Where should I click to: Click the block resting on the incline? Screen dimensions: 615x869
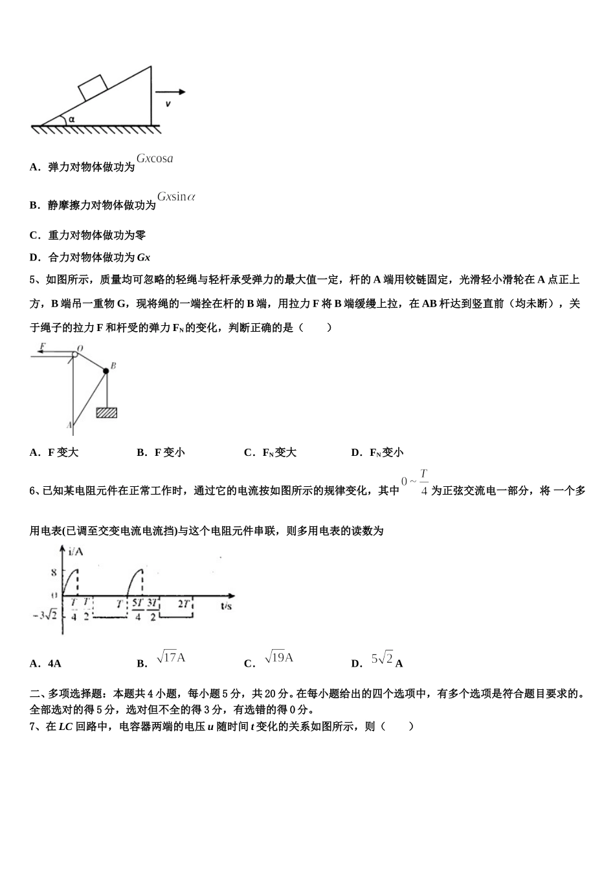(93, 87)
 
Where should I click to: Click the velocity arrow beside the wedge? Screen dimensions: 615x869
(170, 92)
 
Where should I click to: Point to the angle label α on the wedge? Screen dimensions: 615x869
(72, 119)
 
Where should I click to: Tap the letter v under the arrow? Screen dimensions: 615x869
(168, 103)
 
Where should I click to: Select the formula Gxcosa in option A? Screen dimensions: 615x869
(155, 158)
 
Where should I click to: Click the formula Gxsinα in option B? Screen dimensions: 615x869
(176, 197)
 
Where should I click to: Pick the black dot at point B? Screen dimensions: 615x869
(106, 370)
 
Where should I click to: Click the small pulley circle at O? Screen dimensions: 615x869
(74, 353)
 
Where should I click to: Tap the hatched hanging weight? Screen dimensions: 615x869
(106, 412)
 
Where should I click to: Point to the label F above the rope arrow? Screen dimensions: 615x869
(42, 346)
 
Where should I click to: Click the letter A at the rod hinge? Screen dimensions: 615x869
(69, 425)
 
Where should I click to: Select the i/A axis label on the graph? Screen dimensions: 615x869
(76, 551)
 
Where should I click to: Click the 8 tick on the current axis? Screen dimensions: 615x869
(54, 572)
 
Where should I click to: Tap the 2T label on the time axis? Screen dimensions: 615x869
(184, 604)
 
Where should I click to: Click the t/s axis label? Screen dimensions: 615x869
(226, 606)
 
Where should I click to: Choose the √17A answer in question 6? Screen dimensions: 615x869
(171, 658)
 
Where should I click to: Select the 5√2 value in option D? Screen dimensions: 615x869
(382, 658)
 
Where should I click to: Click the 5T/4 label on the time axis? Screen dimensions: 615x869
(138, 609)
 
